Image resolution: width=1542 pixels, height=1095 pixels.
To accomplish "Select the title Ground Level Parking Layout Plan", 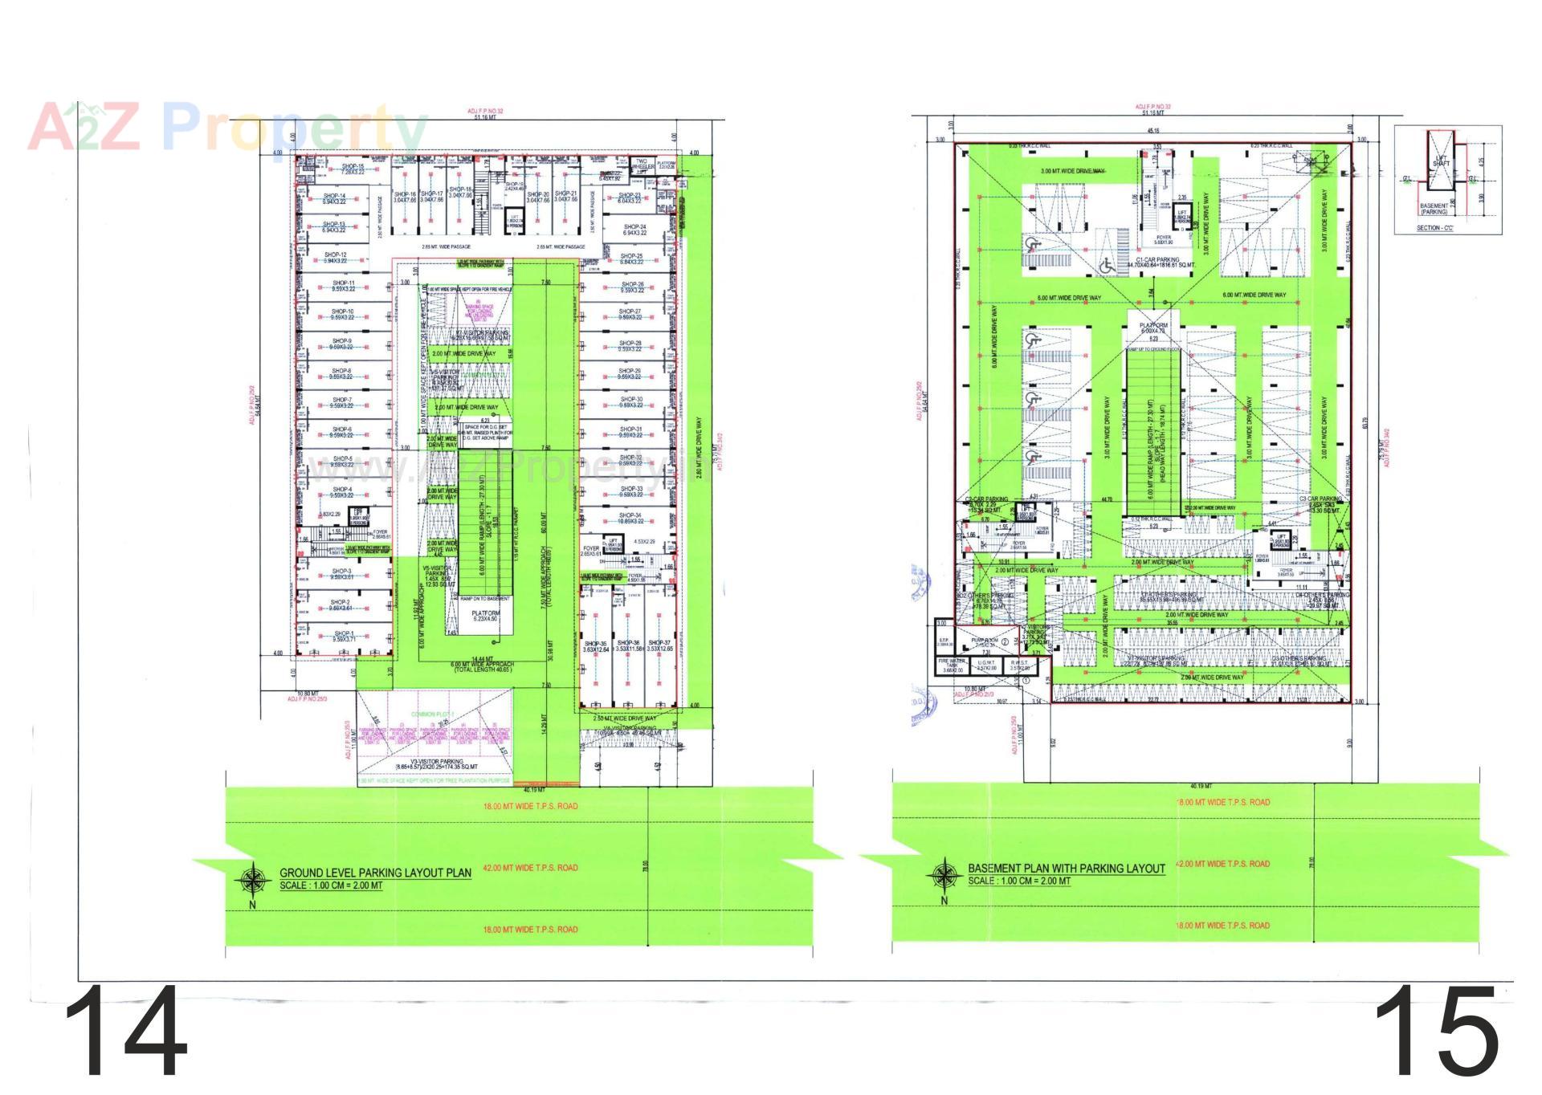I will coord(375,873).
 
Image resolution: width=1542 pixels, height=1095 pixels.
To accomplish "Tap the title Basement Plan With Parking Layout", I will coord(1066,869).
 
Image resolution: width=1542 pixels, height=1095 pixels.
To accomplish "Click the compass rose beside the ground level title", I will coord(253,881).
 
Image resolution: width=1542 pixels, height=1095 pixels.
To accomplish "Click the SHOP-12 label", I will coord(335,258).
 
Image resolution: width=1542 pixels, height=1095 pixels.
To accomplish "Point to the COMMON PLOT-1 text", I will coord(433,714).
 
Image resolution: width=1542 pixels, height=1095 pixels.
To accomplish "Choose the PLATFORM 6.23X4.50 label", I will coord(484,616).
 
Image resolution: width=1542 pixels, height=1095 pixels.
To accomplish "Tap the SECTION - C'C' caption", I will coord(1434,228).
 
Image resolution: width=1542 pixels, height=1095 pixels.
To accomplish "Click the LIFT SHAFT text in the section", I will coord(1442,161).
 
